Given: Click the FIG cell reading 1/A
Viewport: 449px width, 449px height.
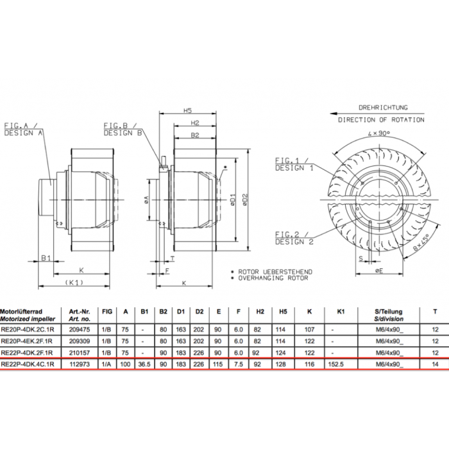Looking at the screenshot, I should coord(107,364).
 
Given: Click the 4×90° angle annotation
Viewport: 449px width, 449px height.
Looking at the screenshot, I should coord(380,133).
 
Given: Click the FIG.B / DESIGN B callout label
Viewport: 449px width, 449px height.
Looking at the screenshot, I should coord(122,129).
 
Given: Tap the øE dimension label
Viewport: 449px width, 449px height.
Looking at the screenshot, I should coord(378,272).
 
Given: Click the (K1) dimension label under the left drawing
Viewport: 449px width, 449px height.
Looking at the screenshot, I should coord(76,282).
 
